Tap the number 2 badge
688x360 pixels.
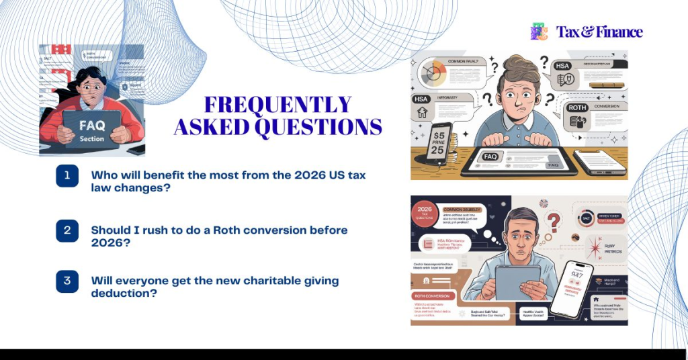tap(67, 230)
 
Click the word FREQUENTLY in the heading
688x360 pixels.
tap(278, 105)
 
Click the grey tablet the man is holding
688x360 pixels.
tap(518, 280)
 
